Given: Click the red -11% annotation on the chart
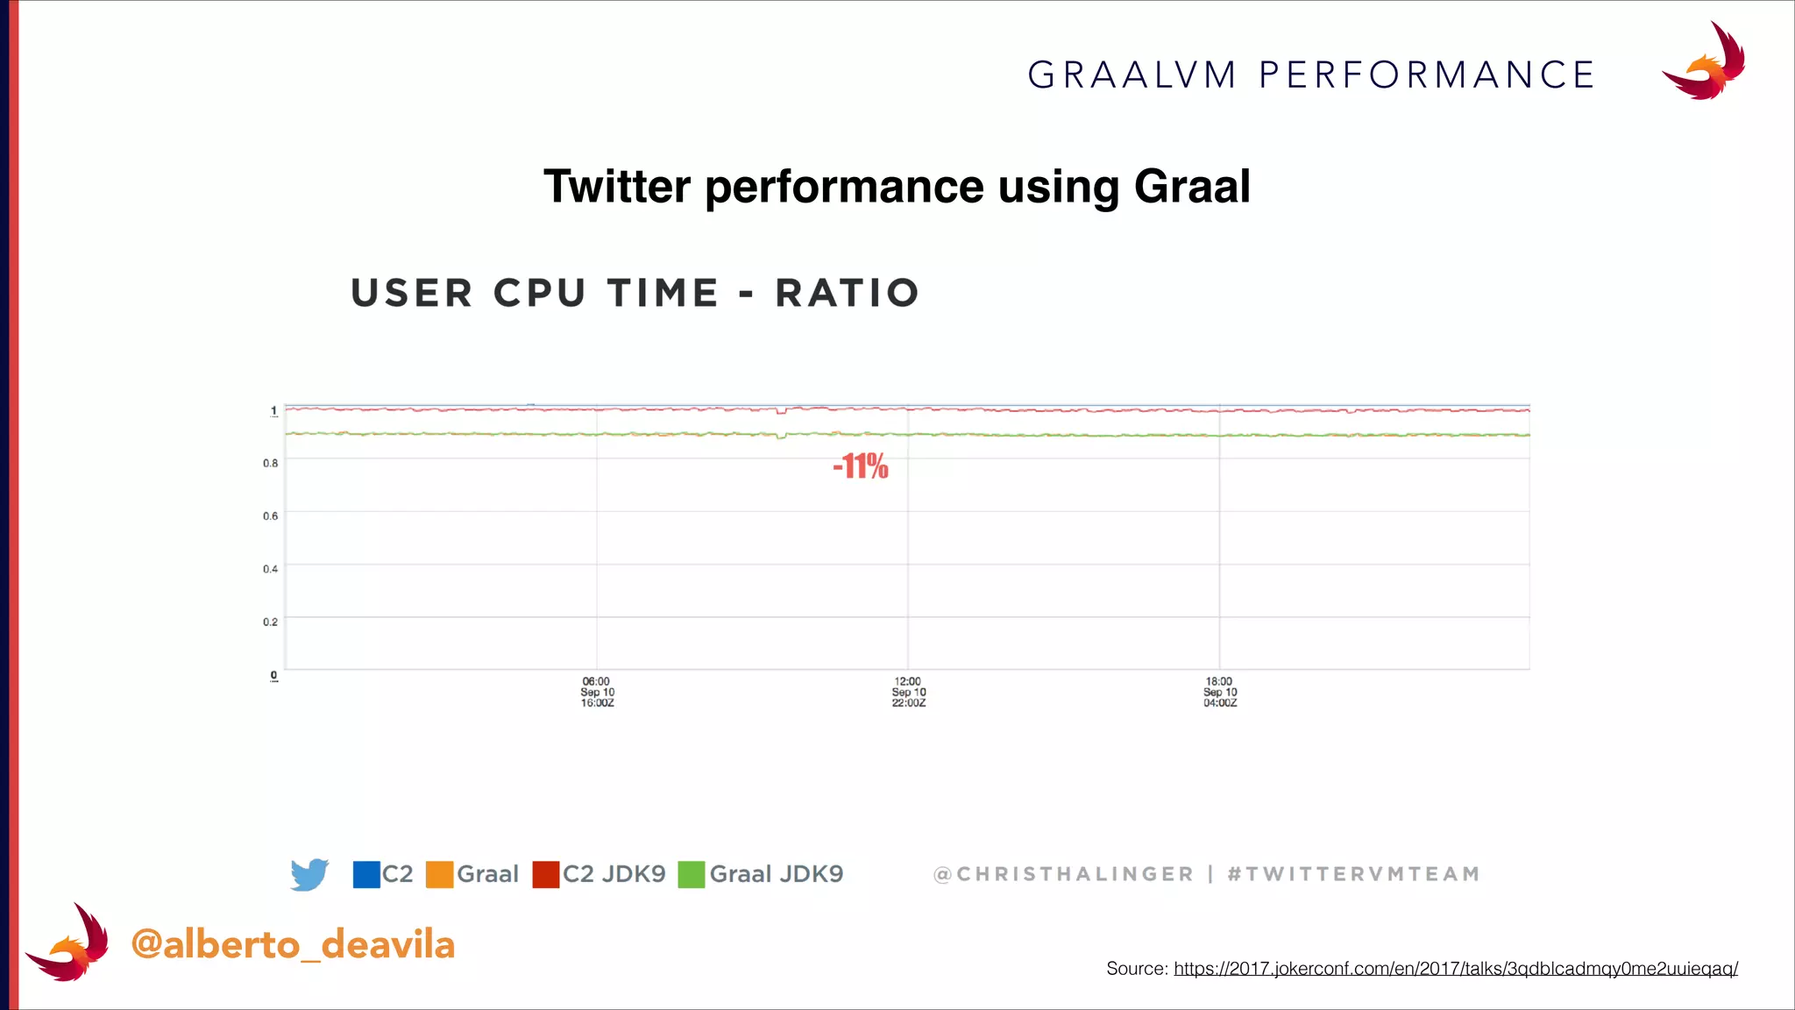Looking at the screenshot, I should [x=861, y=466].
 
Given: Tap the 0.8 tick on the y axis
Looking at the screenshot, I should [x=271, y=463].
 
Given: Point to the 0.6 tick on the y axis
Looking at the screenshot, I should [x=271, y=516].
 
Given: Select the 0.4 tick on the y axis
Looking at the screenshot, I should [x=271, y=569].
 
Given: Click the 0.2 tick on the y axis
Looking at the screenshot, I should [x=271, y=622].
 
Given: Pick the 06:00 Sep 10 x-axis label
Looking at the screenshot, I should [x=597, y=692].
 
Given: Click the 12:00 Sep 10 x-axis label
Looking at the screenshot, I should [x=909, y=692].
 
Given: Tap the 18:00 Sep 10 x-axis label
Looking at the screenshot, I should [x=1219, y=692].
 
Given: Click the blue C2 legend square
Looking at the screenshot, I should [x=366, y=874].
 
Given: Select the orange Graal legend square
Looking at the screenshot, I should [x=439, y=874].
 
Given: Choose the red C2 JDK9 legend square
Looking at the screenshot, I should [x=546, y=874].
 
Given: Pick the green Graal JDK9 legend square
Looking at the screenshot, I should [x=692, y=874].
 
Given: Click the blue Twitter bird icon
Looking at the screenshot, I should [x=309, y=874].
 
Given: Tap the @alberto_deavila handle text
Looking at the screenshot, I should [x=293, y=944].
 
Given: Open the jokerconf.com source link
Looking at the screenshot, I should [x=1455, y=969].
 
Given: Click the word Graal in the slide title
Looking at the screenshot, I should [x=1192, y=186].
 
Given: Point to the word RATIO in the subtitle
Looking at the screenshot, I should [x=848, y=293].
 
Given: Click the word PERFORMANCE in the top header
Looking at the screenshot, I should [x=1426, y=75].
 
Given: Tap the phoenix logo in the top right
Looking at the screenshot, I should [x=1705, y=63].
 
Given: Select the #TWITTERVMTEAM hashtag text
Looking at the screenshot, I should [x=1353, y=874].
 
